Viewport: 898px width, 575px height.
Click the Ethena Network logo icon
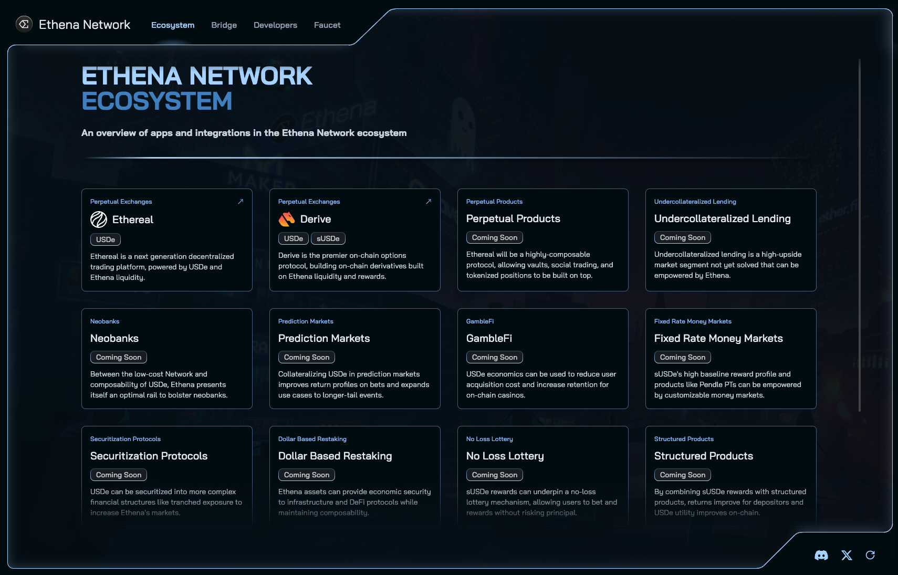[x=24, y=25]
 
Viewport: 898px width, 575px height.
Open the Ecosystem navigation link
[x=173, y=25]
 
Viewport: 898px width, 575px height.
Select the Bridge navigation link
[x=224, y=25]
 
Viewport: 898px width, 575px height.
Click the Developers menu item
[x=275, y=25]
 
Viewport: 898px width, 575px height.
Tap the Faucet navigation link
[x=327, y=25]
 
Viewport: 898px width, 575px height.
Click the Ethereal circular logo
[x=99, y=219]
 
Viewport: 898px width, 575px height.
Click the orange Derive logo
[x=287, y=219]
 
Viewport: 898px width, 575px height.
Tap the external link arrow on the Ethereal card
[x=241, y=201]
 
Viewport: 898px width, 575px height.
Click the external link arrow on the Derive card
[x=429, y=201]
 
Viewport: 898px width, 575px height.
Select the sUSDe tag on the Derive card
[x=328, y=238]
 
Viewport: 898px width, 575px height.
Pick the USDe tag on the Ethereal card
[x=106, y=239]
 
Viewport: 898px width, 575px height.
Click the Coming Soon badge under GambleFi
[x=494, y=357]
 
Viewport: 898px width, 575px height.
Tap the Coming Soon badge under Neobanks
[x=118, y=357]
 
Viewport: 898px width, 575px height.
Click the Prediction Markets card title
[x=324, y=338]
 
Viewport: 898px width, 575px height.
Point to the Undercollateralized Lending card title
[x=723, y=218]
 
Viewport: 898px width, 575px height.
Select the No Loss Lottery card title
[x=505, y=456]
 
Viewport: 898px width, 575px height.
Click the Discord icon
[x=821, y=555]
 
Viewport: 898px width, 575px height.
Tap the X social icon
[x=847, y=555]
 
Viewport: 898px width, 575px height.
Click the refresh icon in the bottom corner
[x=870, y=555]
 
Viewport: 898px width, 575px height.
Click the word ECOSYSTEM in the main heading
[x=156, y=101]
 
